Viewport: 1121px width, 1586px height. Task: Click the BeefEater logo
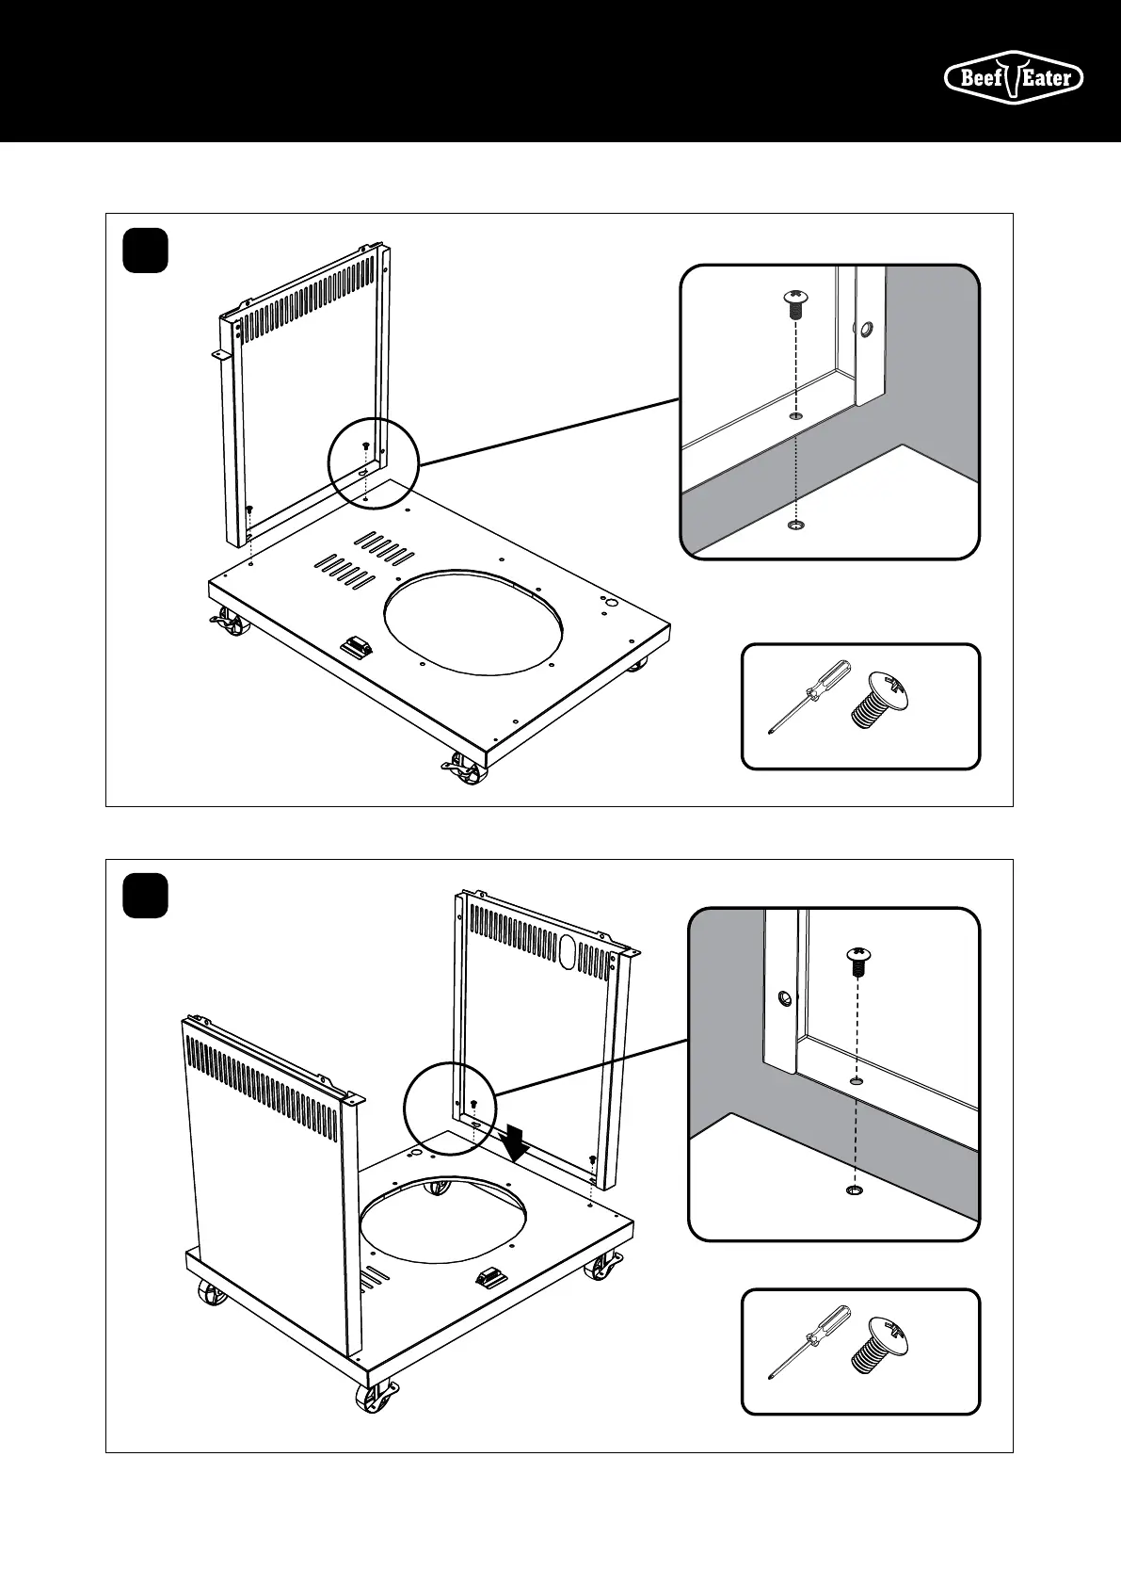coord(1013,77)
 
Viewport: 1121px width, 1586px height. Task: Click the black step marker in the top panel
coord(146,251)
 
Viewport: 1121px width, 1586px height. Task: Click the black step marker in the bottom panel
coord(146,896)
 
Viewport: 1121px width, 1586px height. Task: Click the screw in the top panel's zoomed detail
coord(795,304)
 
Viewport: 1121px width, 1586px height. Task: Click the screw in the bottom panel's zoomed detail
coord(857,961)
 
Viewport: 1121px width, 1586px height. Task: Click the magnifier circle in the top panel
coord(372,461)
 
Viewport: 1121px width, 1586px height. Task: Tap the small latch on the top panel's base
coord(357,647)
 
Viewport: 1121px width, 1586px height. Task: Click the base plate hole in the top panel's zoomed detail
coord(796,525)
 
